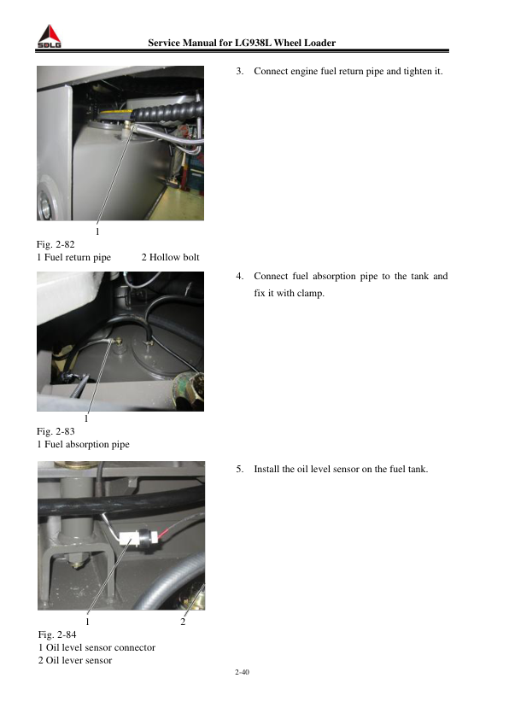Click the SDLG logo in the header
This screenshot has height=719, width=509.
pos(49,37)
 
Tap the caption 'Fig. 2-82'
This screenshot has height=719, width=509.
pos(56,244)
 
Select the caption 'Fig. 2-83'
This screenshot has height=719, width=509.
pos(56,431)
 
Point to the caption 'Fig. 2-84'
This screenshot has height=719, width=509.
pos(57,634)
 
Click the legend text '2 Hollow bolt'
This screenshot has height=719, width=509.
pos(170,257)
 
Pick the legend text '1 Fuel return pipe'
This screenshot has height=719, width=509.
pos(73,257)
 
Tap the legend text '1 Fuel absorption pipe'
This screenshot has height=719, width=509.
pos(83,444)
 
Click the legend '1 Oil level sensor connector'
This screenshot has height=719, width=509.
pos(97,647)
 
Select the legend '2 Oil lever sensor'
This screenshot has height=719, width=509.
pos(75,660)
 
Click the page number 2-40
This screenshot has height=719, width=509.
pos(243,672)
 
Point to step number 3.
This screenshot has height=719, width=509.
pos(239,71)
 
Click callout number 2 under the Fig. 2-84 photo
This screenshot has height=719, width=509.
pos(183,622)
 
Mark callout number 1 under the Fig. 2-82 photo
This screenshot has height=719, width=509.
pos(97,231)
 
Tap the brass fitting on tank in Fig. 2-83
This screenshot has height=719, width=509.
pos(119,342)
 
